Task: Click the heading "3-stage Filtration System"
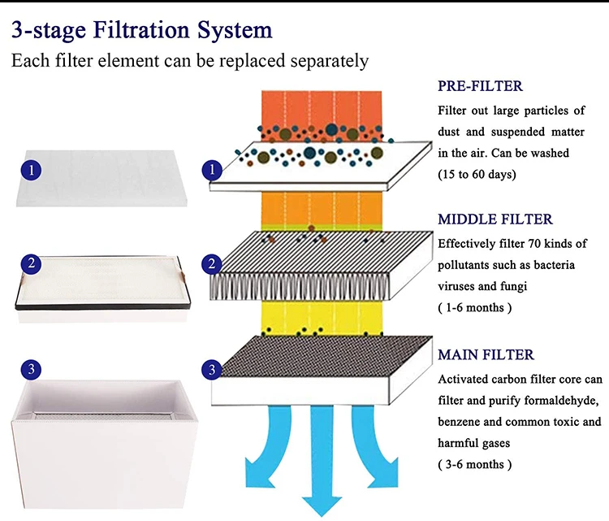coord(142,32)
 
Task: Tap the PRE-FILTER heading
coord(480,86)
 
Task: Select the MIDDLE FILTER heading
coord(495,219)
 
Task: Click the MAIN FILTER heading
coord(486,354)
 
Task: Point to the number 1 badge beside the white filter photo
coord(31,170)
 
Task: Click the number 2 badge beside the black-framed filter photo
coord(31,264)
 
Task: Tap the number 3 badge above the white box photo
coord(31,370)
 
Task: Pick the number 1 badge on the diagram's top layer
coord(213,170)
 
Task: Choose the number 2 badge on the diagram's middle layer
coord(213,264)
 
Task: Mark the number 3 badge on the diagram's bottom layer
coord(213,370)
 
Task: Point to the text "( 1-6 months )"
coord(475,307)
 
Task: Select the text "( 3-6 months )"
coord(475,464)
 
